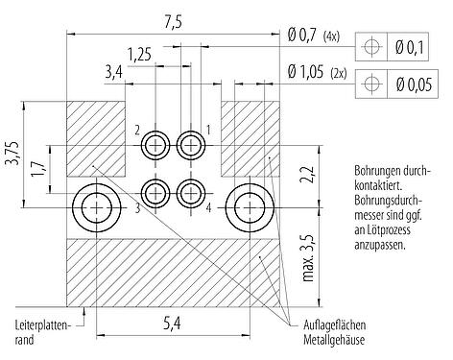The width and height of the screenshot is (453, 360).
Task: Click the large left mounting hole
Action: tap(96, 206)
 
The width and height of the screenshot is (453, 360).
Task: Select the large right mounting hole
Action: tap(250, 206)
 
